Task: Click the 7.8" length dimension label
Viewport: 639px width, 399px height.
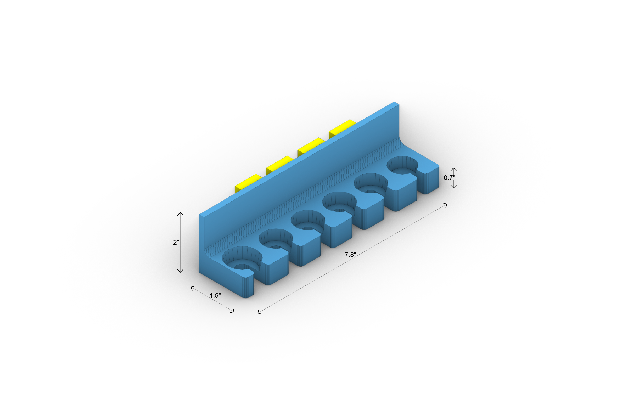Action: (x=350, y=255)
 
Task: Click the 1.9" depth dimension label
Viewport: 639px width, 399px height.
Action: (x=215, y=296)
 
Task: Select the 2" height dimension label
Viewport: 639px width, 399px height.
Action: (x=176, y=242)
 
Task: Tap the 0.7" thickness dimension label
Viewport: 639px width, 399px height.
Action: (x=449, y=178)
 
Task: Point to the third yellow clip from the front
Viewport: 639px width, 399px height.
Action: (x=310, y=146)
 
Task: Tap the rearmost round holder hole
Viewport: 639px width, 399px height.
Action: (x=402, y=165)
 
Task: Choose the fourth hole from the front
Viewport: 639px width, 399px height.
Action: (x=371, y=184)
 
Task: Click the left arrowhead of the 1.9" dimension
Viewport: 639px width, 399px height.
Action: (x=192, y=287)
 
